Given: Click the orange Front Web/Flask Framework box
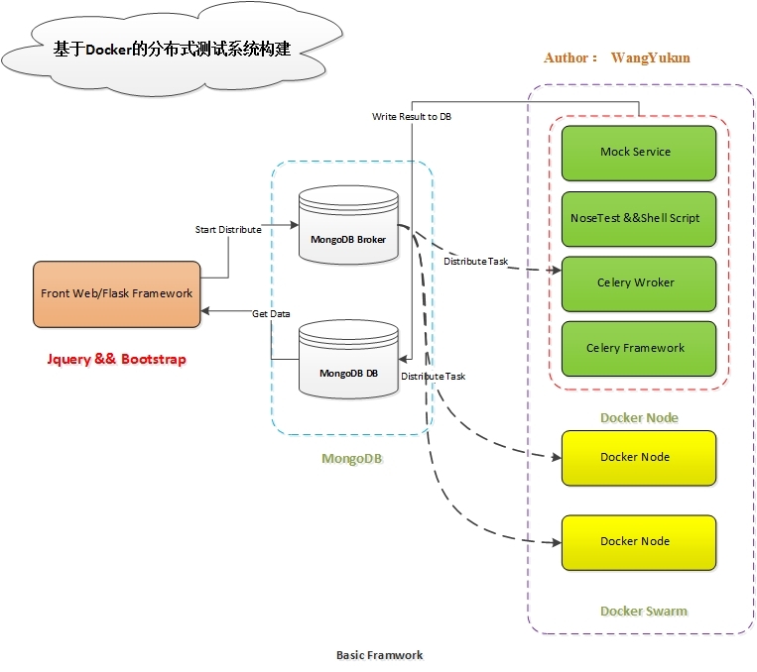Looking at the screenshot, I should point(117,293).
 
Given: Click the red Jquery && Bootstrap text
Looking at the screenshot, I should point(116,359).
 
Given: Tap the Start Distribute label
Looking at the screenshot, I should point(228,230).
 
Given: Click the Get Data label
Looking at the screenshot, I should point(271,314).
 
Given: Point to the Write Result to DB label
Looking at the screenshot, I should point(412,117).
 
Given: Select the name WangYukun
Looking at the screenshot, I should point(650,58).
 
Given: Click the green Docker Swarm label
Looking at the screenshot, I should point(643,612).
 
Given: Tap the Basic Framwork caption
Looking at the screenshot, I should point(380,655).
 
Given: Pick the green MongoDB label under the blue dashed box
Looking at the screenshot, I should point(352,459).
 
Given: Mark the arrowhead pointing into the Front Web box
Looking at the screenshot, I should point(205,310).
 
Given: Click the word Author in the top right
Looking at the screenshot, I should point(567,58).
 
